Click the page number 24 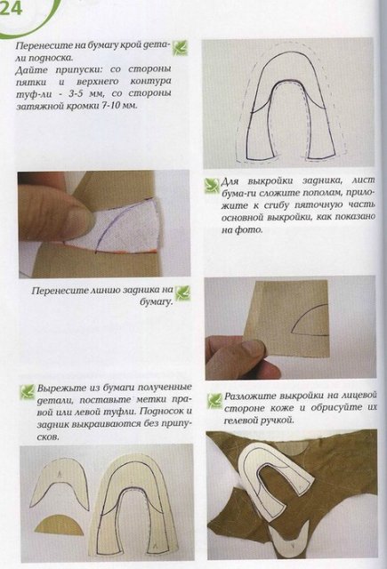pyautogui.click(x=15, y=11)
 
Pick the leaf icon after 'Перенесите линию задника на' pyautogui.click(x=182, y=291)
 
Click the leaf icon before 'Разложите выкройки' pyautogui.click(x=214, y=400)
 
